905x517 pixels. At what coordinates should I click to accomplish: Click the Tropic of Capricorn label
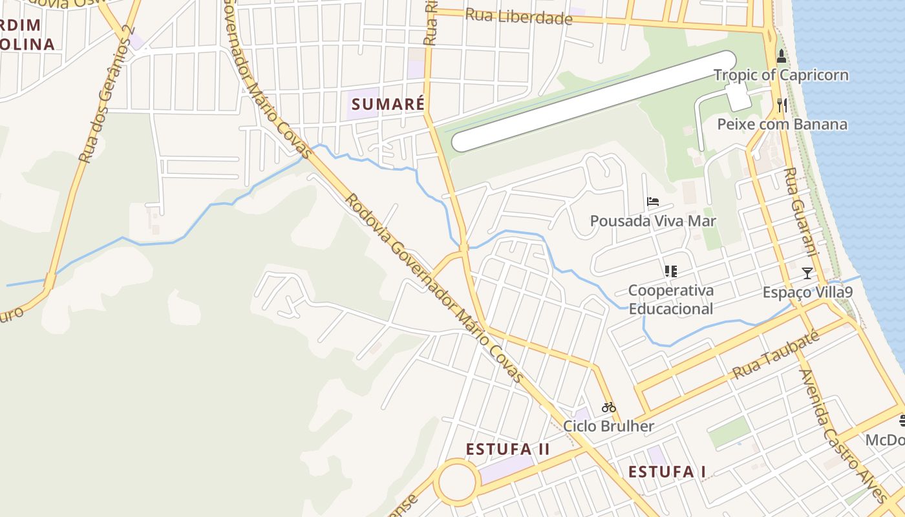point(781,75)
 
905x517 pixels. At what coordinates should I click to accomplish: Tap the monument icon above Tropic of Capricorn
point(782,56)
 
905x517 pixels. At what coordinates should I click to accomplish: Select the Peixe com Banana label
point(782,124)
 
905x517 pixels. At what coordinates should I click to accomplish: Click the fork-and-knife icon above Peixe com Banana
point(782,105)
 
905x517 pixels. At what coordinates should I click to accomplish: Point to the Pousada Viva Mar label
point(653,221)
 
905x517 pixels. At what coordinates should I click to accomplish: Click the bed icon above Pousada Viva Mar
point(653,202)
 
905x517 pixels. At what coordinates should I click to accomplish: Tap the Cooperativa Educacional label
point(671,299)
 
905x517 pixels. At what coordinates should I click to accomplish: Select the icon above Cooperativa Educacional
point(671,271)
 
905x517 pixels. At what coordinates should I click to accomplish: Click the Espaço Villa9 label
point(807,292)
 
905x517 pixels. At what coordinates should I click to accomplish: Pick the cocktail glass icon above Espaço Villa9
point(807,273)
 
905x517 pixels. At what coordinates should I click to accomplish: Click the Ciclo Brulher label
point(608,426)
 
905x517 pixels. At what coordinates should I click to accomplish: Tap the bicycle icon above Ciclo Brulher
point(608,407)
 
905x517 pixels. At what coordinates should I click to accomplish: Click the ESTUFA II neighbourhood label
point(507,449)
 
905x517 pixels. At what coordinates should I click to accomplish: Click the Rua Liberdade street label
point(519,17)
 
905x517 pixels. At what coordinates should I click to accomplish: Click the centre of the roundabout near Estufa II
point(457,481)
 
